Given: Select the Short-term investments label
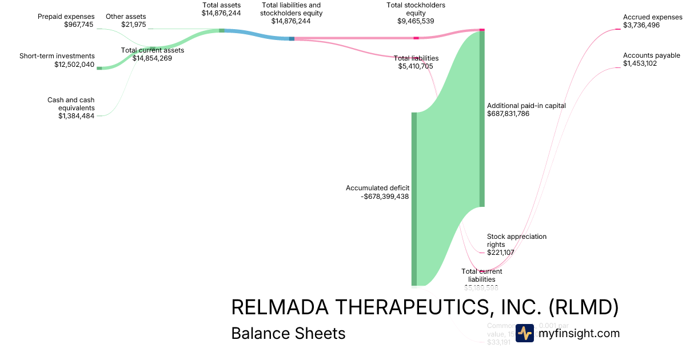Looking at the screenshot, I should click(57, 56).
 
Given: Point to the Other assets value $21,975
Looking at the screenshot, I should click(133, 25).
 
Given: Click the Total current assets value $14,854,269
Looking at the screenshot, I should click(152, 58).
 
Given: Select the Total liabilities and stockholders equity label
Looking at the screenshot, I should click(291, 9).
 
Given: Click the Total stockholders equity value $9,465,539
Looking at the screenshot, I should click(416, 21).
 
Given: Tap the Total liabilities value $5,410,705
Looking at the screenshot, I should click(416, 66).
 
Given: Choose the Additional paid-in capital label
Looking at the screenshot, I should click(526, 106).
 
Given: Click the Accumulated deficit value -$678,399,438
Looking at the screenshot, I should click(386, 197).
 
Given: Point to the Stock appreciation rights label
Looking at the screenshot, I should click(517, 240).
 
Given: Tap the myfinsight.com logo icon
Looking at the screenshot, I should click(524, 333).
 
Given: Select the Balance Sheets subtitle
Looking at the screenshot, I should click(288, 333).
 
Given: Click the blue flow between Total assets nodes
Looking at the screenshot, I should click(257, 34).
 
